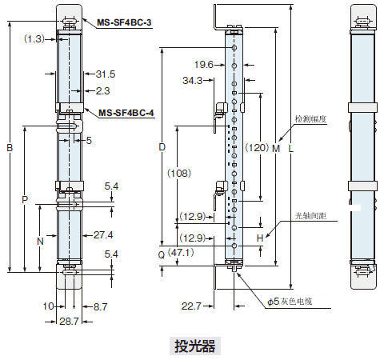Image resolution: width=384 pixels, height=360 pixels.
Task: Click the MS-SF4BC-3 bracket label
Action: pos(124,22)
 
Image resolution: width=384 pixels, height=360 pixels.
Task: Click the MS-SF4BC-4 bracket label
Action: pos(126,113)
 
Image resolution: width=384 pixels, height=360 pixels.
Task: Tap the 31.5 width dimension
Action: pos(106,74)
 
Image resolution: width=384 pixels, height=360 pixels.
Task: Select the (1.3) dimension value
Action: pos(34,39)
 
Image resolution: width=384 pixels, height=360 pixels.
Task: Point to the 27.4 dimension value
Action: pos(103,235)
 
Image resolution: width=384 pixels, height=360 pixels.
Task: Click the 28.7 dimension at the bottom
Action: pos(69,322)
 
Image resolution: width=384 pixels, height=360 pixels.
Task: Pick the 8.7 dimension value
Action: pos(100,306)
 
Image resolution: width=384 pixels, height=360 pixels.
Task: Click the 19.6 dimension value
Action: pos(204,65)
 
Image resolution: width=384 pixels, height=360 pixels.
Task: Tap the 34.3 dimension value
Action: pos(193,80)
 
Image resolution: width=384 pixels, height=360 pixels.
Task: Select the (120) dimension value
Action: pos(257,147)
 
